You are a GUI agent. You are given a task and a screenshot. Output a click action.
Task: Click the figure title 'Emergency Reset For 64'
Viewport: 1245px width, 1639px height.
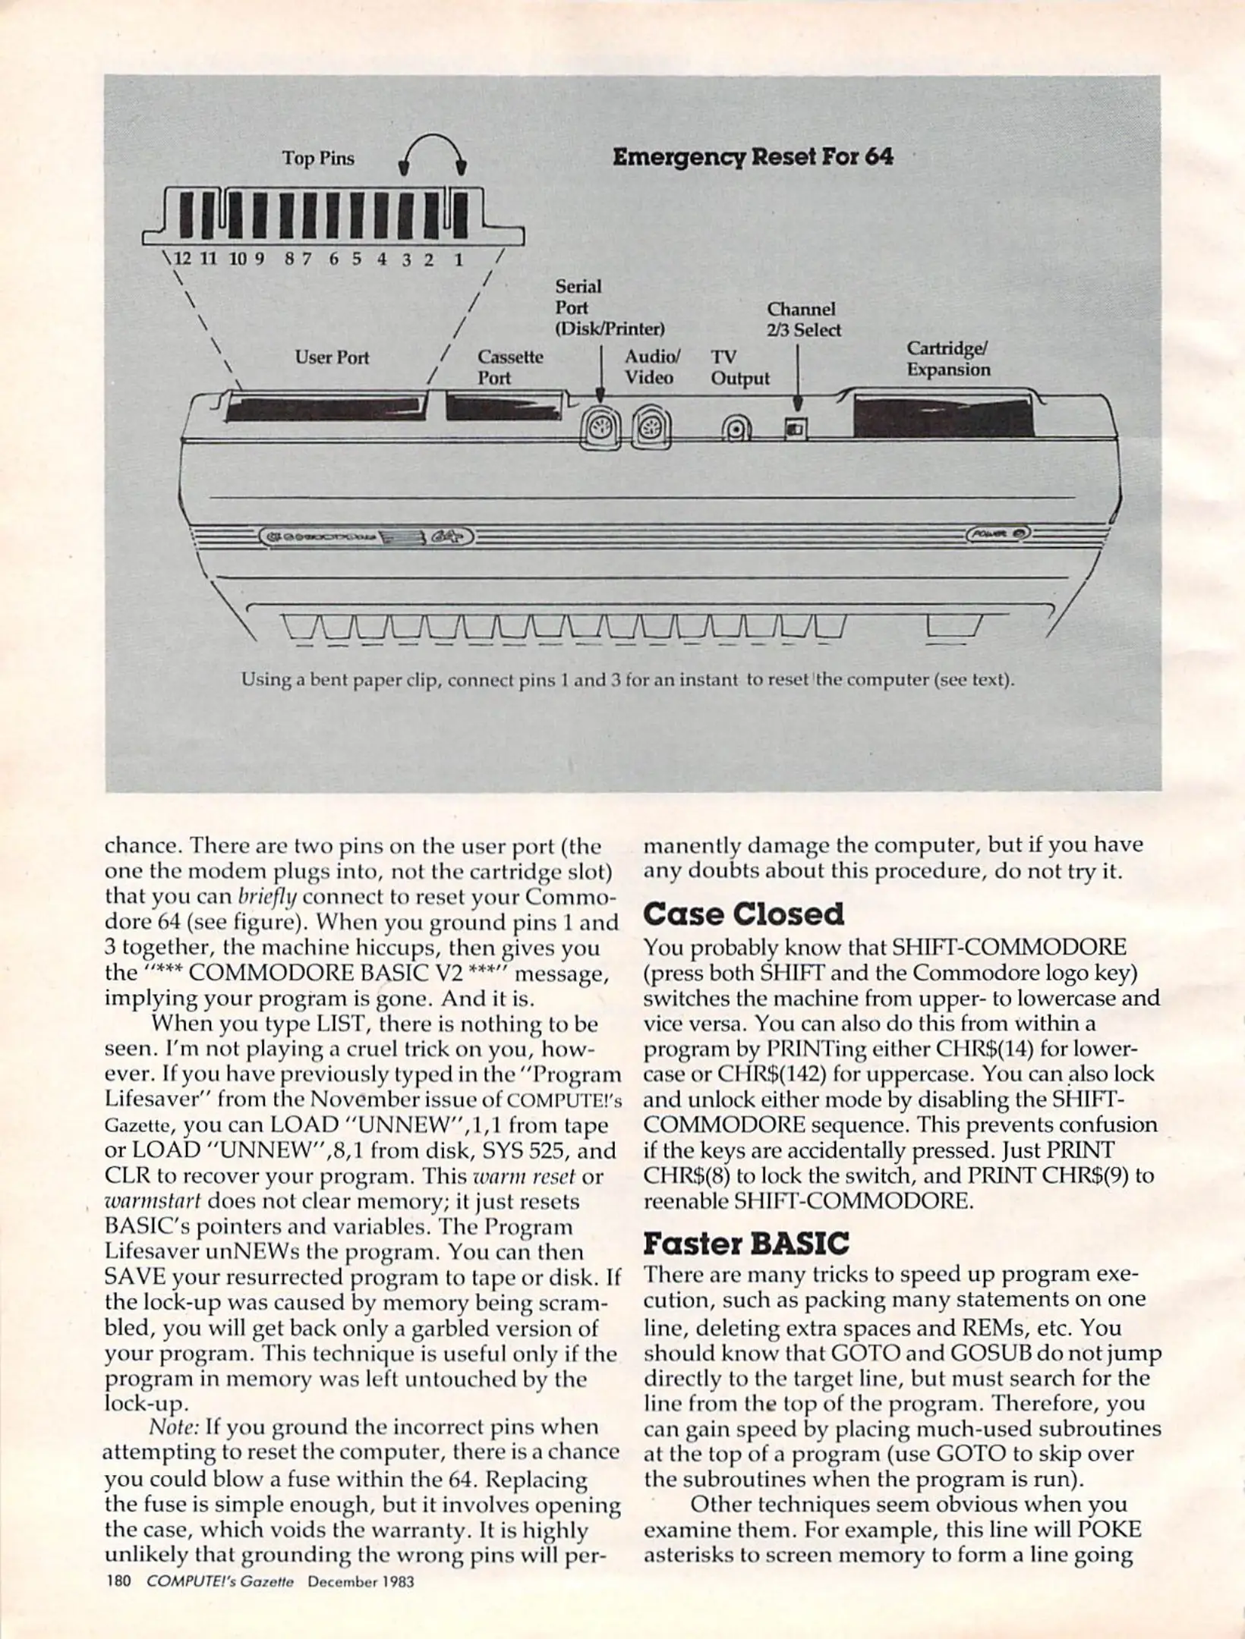click(x=752, y=157)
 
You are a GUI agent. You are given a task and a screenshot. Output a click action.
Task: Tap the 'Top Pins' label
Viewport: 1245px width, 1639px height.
click(x=318, y=159)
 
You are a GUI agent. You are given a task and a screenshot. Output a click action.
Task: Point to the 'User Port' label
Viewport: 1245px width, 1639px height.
click(x=332, y=357)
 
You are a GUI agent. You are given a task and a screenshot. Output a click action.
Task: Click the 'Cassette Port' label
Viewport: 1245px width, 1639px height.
click(x=509, y=367)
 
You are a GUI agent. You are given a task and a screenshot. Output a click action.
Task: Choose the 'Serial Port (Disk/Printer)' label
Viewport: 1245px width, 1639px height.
click(x=609, y=307)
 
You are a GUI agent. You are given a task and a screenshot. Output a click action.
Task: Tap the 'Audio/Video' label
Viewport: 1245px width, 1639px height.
click(x=651, y=366)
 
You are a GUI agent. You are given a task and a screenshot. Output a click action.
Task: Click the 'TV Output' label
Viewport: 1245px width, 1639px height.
click(x=739, y=367)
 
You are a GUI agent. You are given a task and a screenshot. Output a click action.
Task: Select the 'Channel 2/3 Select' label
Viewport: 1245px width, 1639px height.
click(x=803, y=319)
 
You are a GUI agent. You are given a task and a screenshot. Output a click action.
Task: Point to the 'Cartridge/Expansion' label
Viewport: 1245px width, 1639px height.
click(x=948, y=359)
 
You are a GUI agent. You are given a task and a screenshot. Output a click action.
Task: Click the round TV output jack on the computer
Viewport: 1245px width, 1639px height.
click(x=736, y=431)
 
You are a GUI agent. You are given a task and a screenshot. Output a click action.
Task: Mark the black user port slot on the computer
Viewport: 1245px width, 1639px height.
click(x=324, y=407)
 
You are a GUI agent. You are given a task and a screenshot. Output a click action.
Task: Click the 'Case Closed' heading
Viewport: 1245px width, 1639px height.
click(x=743, y=914)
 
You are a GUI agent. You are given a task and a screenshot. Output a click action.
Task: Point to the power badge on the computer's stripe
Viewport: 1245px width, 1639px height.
click(x=998, y=533)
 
